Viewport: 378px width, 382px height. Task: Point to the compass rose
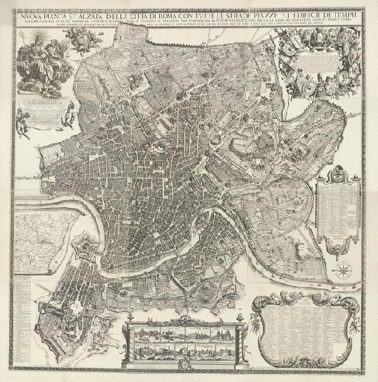coord(343,272)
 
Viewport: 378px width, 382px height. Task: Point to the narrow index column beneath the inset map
coord(22,321)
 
